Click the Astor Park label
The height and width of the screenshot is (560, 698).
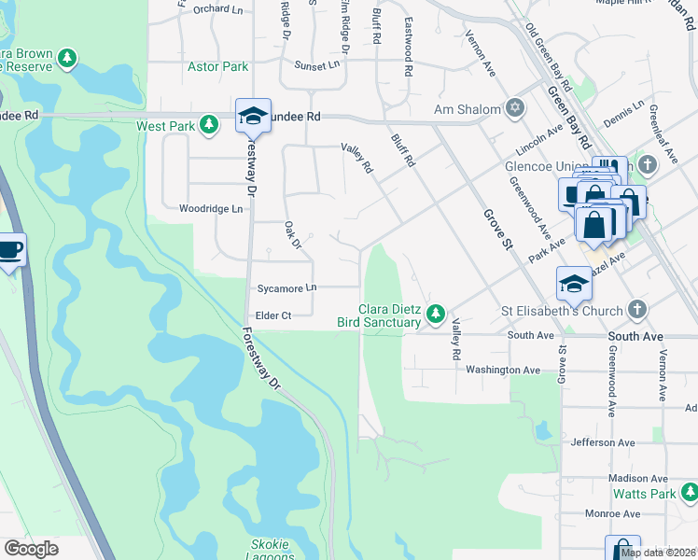pos(218,66)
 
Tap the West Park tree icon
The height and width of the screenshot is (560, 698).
pos(211,125)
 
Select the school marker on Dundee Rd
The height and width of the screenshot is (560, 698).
pos(253,116)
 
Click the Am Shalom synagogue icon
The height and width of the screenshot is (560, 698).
pos(513,109)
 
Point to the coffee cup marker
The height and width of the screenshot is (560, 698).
pos(10,250)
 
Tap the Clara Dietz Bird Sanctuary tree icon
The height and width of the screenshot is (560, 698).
pos(435,315)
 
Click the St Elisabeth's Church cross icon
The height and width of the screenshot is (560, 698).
pos(635,309)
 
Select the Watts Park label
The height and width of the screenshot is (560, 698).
pos(650,493)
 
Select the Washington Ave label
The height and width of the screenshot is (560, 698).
pos(504,370)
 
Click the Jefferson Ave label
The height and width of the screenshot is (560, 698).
pos(602,442)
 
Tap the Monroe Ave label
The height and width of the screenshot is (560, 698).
pos(612,513)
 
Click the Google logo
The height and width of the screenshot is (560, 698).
pos(32,549)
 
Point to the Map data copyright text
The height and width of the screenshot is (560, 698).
pos(658,553)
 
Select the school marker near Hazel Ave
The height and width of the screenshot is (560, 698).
pos(574,284)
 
